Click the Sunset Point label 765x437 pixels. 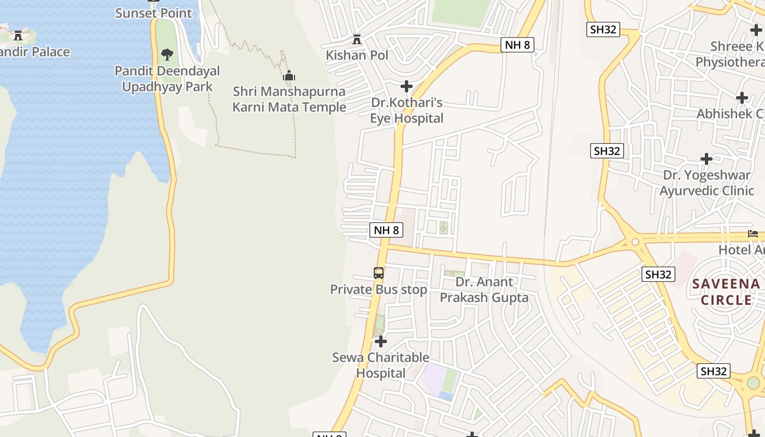(x=154, y=13)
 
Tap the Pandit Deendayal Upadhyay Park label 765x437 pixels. (x=167, y=79)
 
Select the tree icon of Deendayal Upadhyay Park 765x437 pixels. (x=167, y=55)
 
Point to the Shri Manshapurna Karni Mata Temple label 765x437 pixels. (x=289, y=99)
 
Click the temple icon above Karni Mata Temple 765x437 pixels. (x=289, y=75)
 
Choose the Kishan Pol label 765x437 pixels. (x=357, y=55)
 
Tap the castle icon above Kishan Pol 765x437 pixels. (x=357, y=39)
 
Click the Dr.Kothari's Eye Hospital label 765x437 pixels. (x=407, y=110)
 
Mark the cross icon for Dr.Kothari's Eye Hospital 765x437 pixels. (x=407, y=86)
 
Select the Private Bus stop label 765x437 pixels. (x=379, y=290)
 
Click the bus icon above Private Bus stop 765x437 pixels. (x=379, y=273)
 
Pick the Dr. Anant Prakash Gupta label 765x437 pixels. (x=484, y=290)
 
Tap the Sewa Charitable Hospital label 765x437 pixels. (x=381, y=365)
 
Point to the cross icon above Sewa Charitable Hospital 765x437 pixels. (x=381, y=341)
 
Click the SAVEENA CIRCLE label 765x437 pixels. (x=726, y=292)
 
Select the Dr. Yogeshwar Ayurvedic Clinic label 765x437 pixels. (x=707, y=182)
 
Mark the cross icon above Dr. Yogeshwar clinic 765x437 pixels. (x=707, y=159)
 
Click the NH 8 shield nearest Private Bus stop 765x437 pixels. (x=386, y=230)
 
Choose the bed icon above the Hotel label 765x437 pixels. (x=753, y=234)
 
